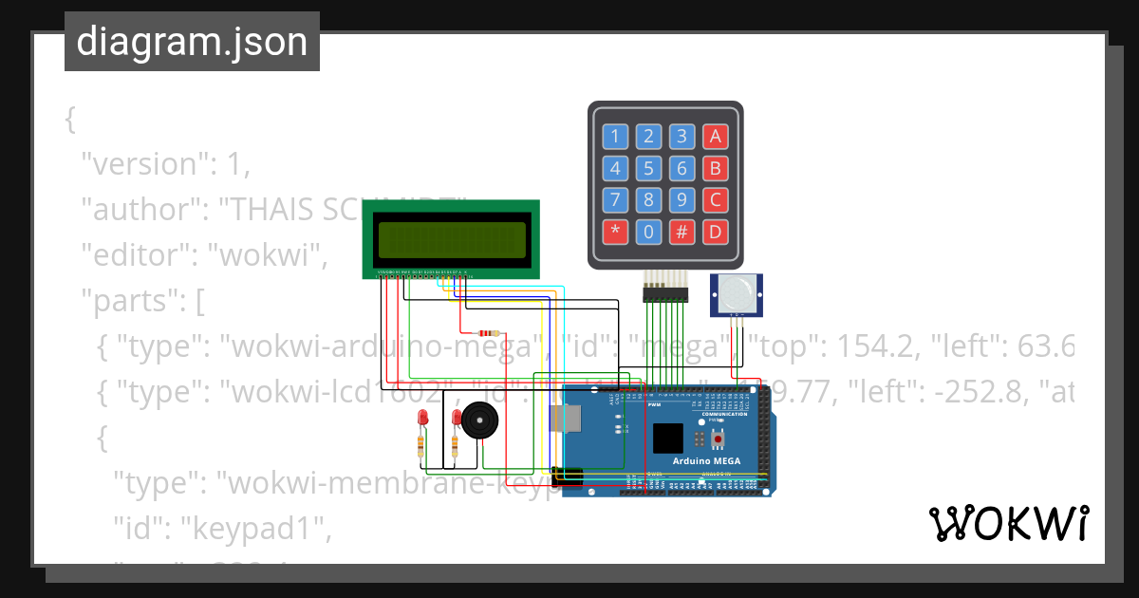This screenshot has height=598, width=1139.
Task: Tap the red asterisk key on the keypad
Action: click(615, 232)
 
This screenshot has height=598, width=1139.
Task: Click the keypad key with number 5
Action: click(648, 169)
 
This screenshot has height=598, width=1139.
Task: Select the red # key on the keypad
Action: click(682, 232)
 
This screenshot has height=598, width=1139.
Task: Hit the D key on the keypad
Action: click(716, 232)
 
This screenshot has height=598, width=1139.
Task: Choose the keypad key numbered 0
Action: click(648, 232)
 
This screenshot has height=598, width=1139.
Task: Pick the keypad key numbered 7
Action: click(615, 200)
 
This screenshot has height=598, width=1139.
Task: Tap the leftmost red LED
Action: click(422, 419)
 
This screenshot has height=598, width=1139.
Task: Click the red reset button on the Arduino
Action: click(719, 439)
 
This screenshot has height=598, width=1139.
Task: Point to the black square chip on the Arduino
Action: click(667, 439)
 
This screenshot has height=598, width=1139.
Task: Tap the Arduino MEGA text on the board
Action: click(707, 461)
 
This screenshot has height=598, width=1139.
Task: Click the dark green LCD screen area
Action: click(452, 240)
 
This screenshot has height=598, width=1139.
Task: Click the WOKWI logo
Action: click(1008, 523)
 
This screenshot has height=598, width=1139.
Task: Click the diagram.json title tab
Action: click(192, 42)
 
